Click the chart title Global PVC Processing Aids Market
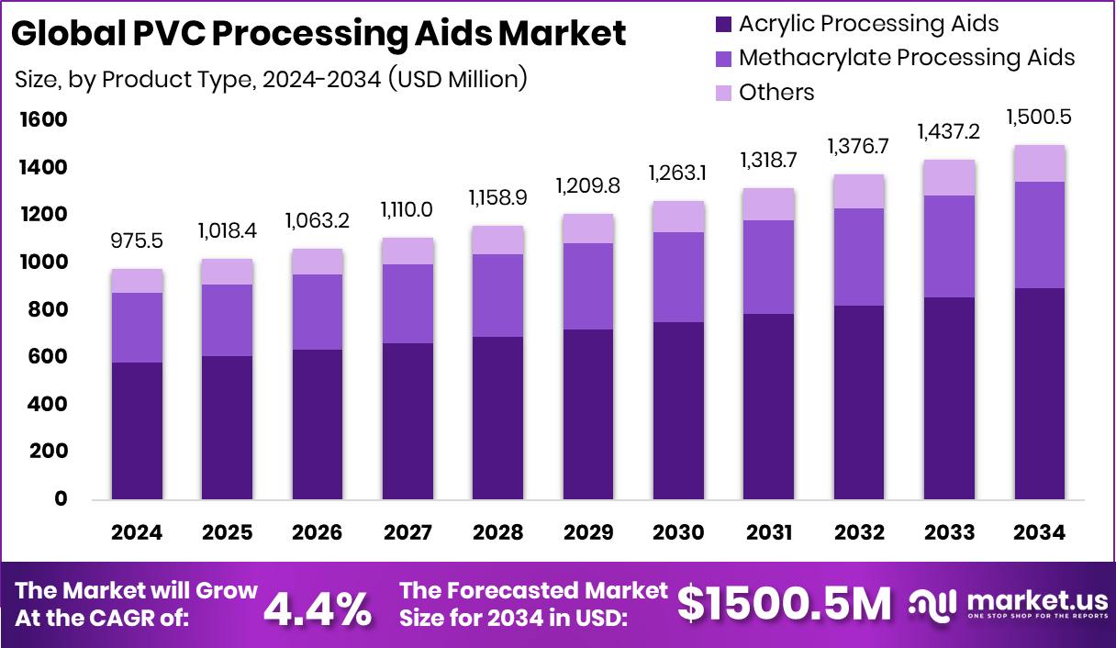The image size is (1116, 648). pyautogui.click(x=319, y=34)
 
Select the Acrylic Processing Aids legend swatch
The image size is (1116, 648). pyautogui.click(x=723, y=24)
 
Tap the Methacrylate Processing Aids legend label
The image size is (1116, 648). pyautogui.click(x=906, y=58)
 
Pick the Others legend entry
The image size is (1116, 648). pyautogui.click(x=776, y=92)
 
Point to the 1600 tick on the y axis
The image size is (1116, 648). pyautogui.click(x=43, y=120)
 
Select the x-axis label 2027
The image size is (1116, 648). pyautogui.click(x=407, y=533)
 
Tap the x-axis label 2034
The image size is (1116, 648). pyautogui.click(x=1039, y=533)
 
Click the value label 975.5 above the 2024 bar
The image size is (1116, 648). pyautogui.click(x=137, y=241)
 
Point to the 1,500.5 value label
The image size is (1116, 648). pyautogui.click(x=1039, y=117)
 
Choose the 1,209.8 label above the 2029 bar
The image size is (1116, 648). pyautogui.click(x=587, y=186)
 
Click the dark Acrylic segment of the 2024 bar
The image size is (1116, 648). pyautogui.click(x=137, y=431)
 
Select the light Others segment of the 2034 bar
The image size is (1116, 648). pyautogui.click(x=1039, y=163)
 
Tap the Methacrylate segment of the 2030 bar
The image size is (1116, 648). pyautogui.click(x=678, y=277)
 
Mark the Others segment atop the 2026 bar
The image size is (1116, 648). pyautogui.click(x=318, y=262)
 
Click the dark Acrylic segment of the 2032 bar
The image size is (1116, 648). pyautogui.click(x=858, y=403)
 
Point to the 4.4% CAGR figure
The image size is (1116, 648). pyautogui.click(x=318, y=607)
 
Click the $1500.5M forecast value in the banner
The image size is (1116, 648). pyautogui.click(x=785, y=605)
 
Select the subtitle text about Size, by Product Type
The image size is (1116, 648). pyautogui.click(x=271, y=79)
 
